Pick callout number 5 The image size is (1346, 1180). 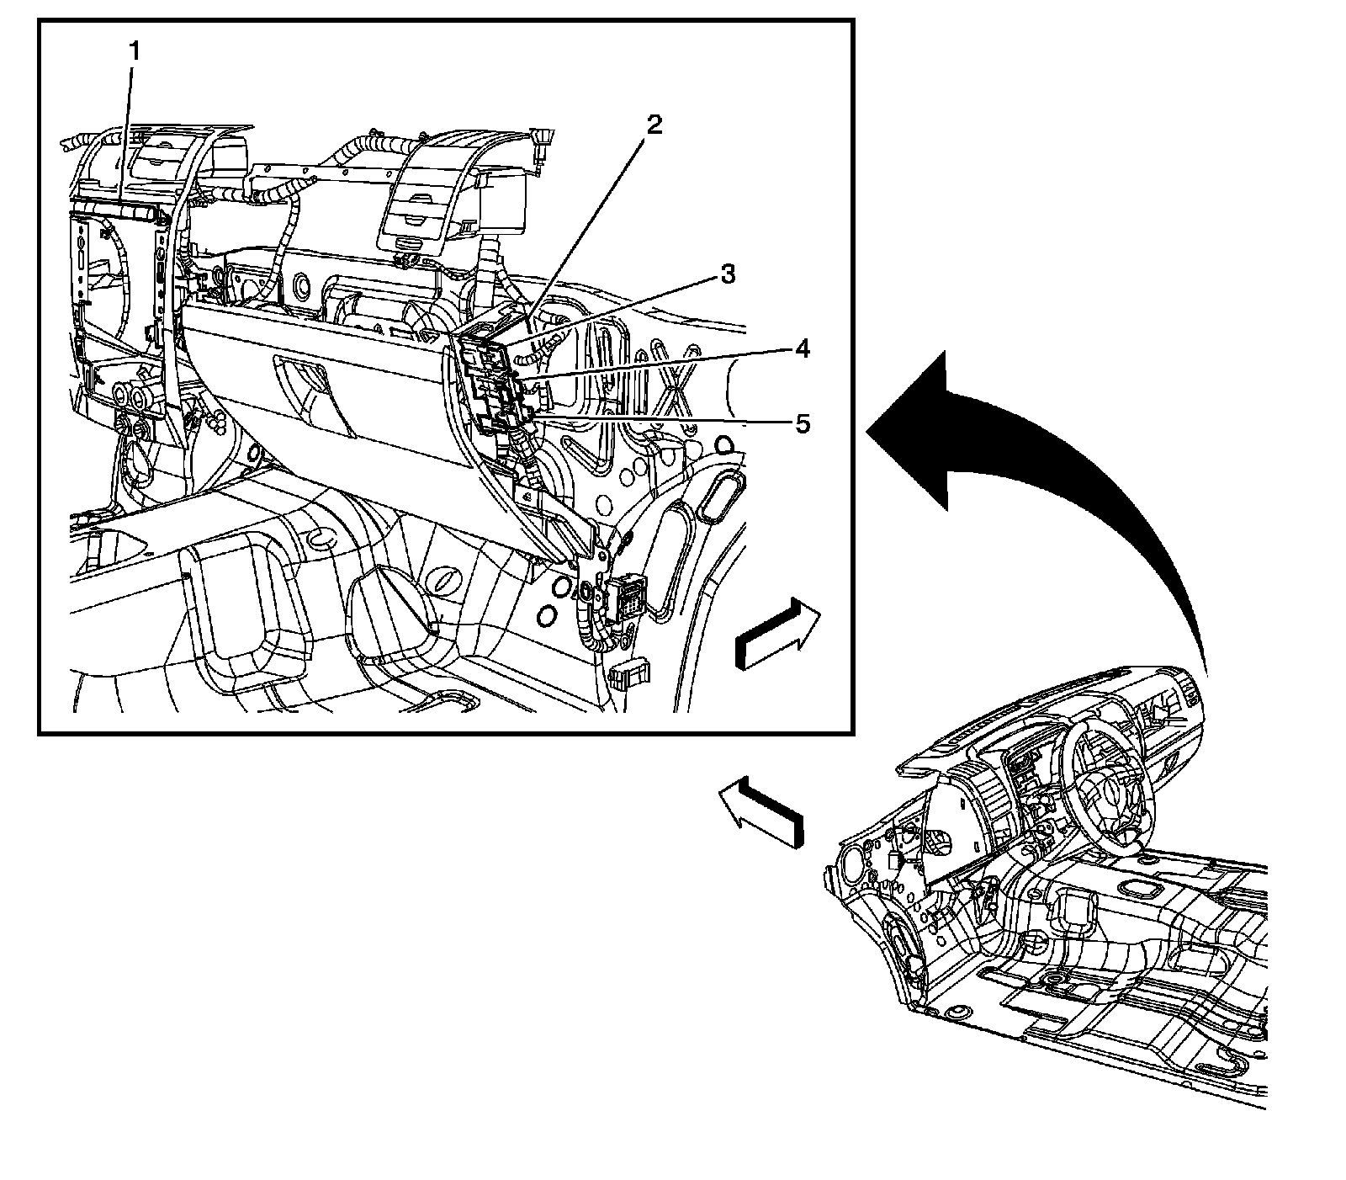[803, 423]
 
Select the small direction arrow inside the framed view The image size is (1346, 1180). [776, 633]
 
